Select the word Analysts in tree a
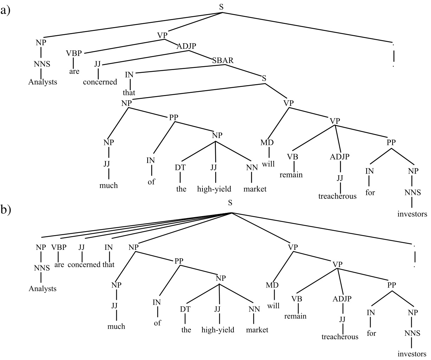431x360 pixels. pos(42,82)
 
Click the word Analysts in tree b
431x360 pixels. pos(42,289)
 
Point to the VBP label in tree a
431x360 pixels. pos(74,53)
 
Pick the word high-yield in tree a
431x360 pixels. pos(214,189)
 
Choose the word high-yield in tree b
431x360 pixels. pos(218,330)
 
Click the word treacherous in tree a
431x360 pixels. pos(337,196)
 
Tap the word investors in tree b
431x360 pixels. pos(412,354)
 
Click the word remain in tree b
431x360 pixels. pos(295,316)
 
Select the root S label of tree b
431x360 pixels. pos(230,202)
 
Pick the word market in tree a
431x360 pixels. pos(255,189)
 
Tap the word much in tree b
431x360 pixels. pos(116,326)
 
